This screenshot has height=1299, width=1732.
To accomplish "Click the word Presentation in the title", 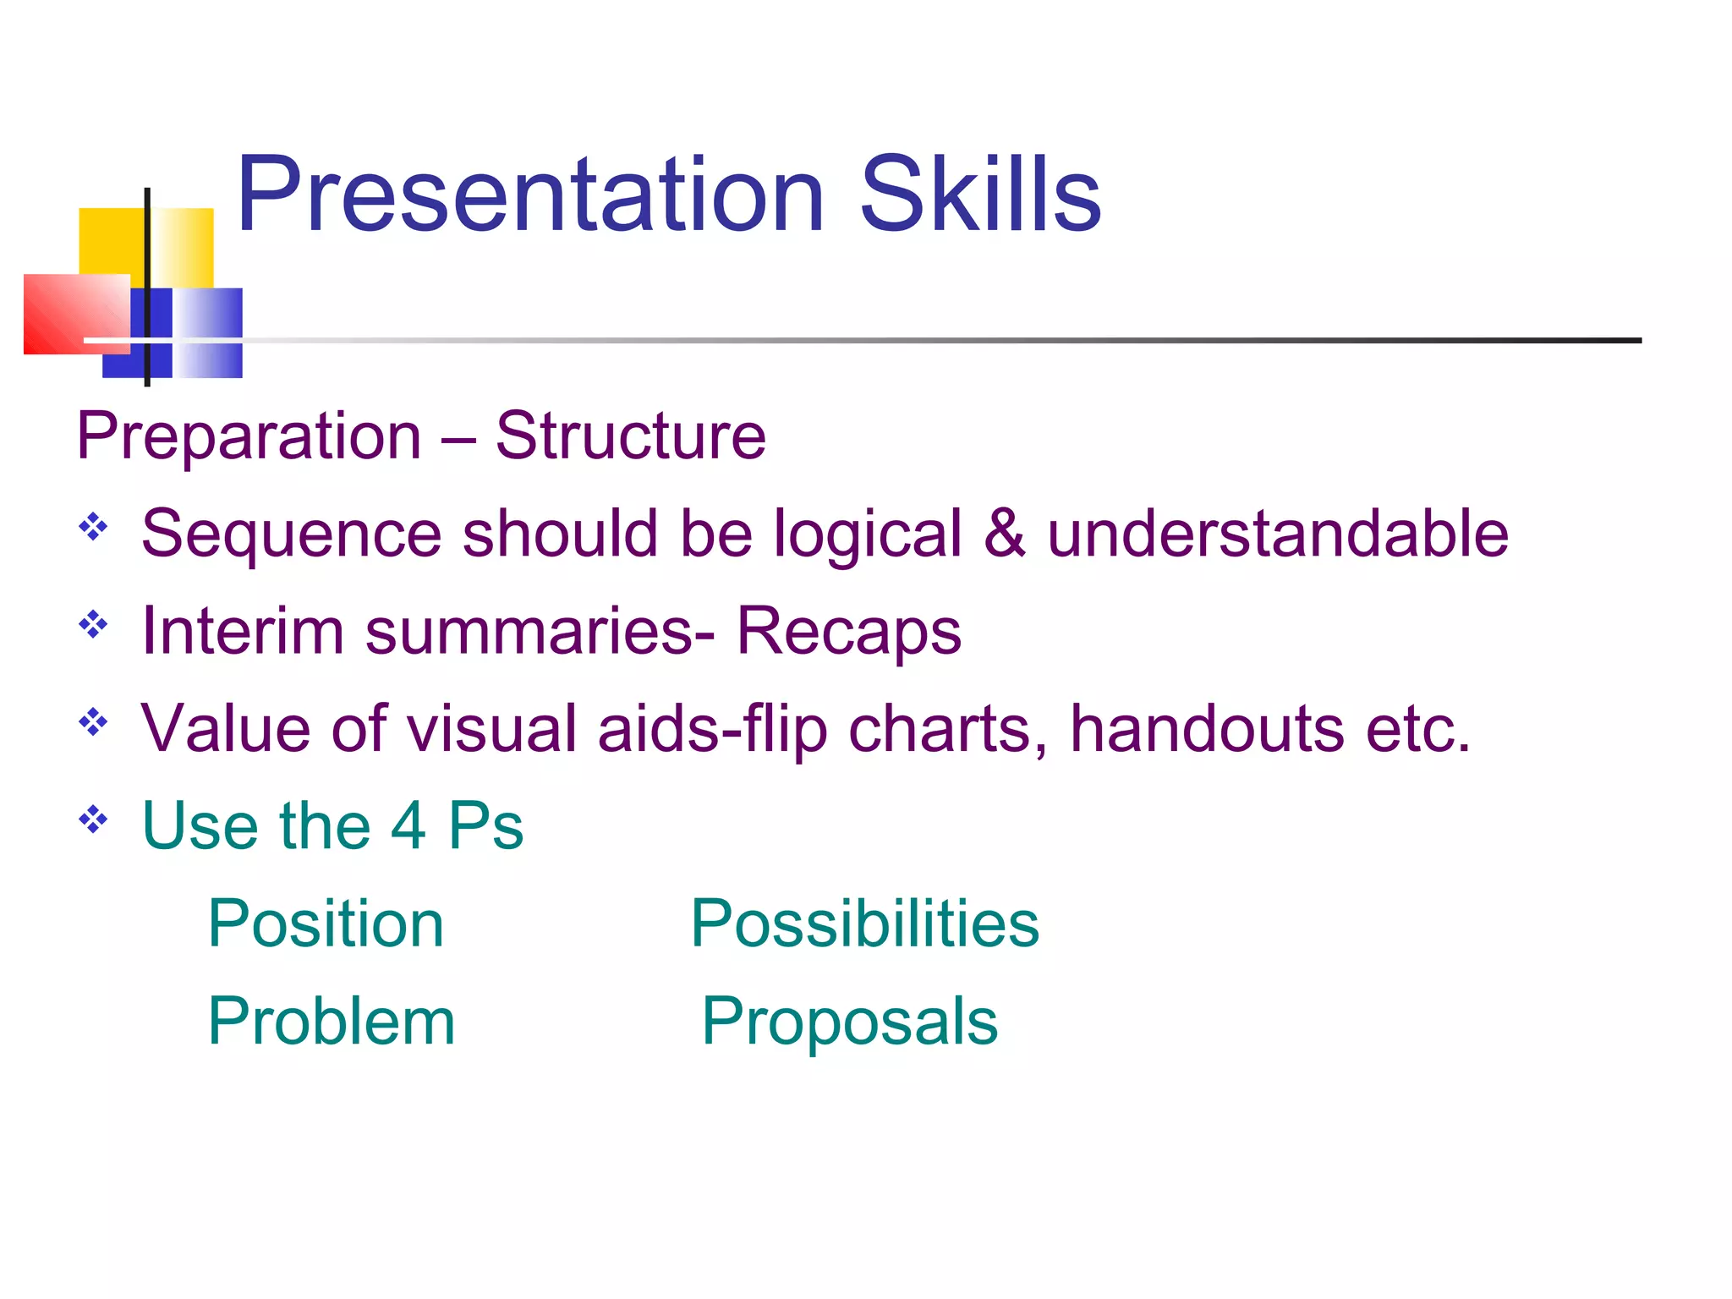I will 530,196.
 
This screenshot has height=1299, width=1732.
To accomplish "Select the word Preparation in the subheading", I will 249,437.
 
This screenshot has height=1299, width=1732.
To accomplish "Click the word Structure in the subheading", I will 630,437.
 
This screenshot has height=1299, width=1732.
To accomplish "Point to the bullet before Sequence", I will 93,528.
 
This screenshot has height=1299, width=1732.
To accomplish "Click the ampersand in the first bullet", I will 1005,534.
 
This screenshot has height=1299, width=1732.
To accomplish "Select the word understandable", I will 1278,534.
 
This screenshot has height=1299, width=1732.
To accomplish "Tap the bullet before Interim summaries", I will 93,625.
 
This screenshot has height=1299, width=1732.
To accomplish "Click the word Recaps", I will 848,633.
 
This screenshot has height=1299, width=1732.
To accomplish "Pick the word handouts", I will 1207,729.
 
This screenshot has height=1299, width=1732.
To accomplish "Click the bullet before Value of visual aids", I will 93,722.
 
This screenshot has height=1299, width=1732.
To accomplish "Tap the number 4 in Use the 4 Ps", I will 408,825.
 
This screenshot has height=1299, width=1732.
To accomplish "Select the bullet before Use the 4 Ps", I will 93,819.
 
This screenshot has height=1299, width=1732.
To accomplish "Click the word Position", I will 326,924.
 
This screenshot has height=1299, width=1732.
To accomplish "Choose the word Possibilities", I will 864,924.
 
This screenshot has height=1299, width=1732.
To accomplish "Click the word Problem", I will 332,1022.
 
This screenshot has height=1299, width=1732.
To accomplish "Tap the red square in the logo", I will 72,313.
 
